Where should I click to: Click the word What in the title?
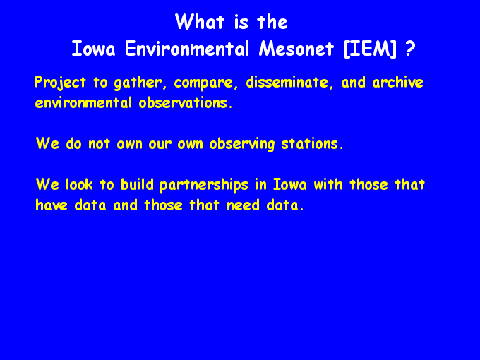point(200,22)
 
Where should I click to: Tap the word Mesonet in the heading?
point(296,49)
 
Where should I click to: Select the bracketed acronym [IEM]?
point(370,49)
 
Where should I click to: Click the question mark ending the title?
point(410,49)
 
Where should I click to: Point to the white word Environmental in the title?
point(187,49)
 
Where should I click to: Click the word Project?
point(60,83)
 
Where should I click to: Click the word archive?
point(397,83)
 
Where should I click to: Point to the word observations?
point(186,103)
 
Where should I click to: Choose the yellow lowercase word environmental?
point(83,103)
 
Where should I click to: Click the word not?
point(99,144)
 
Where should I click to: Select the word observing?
point(242,144)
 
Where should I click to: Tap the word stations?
point(312,144)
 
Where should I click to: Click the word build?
point(137,185)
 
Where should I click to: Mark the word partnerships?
point(204,185)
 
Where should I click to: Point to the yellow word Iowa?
point(289,185)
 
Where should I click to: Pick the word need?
point(243,205)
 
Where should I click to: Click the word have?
point(52,205)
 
